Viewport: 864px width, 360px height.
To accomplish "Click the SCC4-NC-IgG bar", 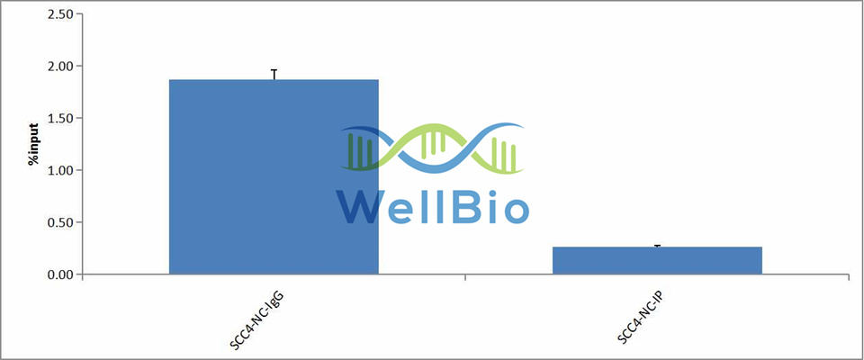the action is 274,176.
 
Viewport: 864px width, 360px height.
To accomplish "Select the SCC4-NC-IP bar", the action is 657,260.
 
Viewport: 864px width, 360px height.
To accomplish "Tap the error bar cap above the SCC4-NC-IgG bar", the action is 274,70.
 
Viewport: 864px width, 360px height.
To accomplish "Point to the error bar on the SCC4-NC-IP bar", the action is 657,246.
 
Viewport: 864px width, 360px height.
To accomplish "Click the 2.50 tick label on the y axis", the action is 60,13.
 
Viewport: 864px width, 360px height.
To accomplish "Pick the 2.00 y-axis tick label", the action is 60,67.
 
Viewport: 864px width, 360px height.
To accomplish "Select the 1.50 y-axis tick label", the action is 60,118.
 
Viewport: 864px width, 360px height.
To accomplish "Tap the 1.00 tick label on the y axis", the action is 60,170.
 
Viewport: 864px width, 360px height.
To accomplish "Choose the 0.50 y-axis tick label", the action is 60,222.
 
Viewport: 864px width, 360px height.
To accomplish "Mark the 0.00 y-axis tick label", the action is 60,274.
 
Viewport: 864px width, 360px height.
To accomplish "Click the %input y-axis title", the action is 33,144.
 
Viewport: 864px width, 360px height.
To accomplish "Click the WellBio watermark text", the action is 433,205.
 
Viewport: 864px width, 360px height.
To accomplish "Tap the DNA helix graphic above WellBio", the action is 433,148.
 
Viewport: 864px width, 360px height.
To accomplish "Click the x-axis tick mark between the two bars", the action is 465,277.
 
